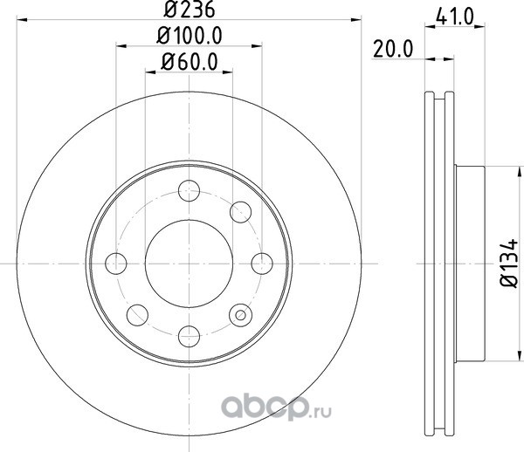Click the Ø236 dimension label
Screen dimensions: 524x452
click(x=190, y=9)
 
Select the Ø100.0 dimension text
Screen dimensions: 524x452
click(x=190, y=36)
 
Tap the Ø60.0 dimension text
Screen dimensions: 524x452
click(x=190, y=62)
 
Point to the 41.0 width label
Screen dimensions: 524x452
click(x=455, y=17)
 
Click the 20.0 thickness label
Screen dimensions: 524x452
click(x=393, y=50)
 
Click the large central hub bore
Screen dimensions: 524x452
click(x=190, y=264)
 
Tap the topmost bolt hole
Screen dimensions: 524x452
click(x=190, y=190)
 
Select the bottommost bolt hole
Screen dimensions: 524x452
click(x=190, y=336)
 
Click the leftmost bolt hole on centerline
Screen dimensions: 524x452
click(x=116, y=264)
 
